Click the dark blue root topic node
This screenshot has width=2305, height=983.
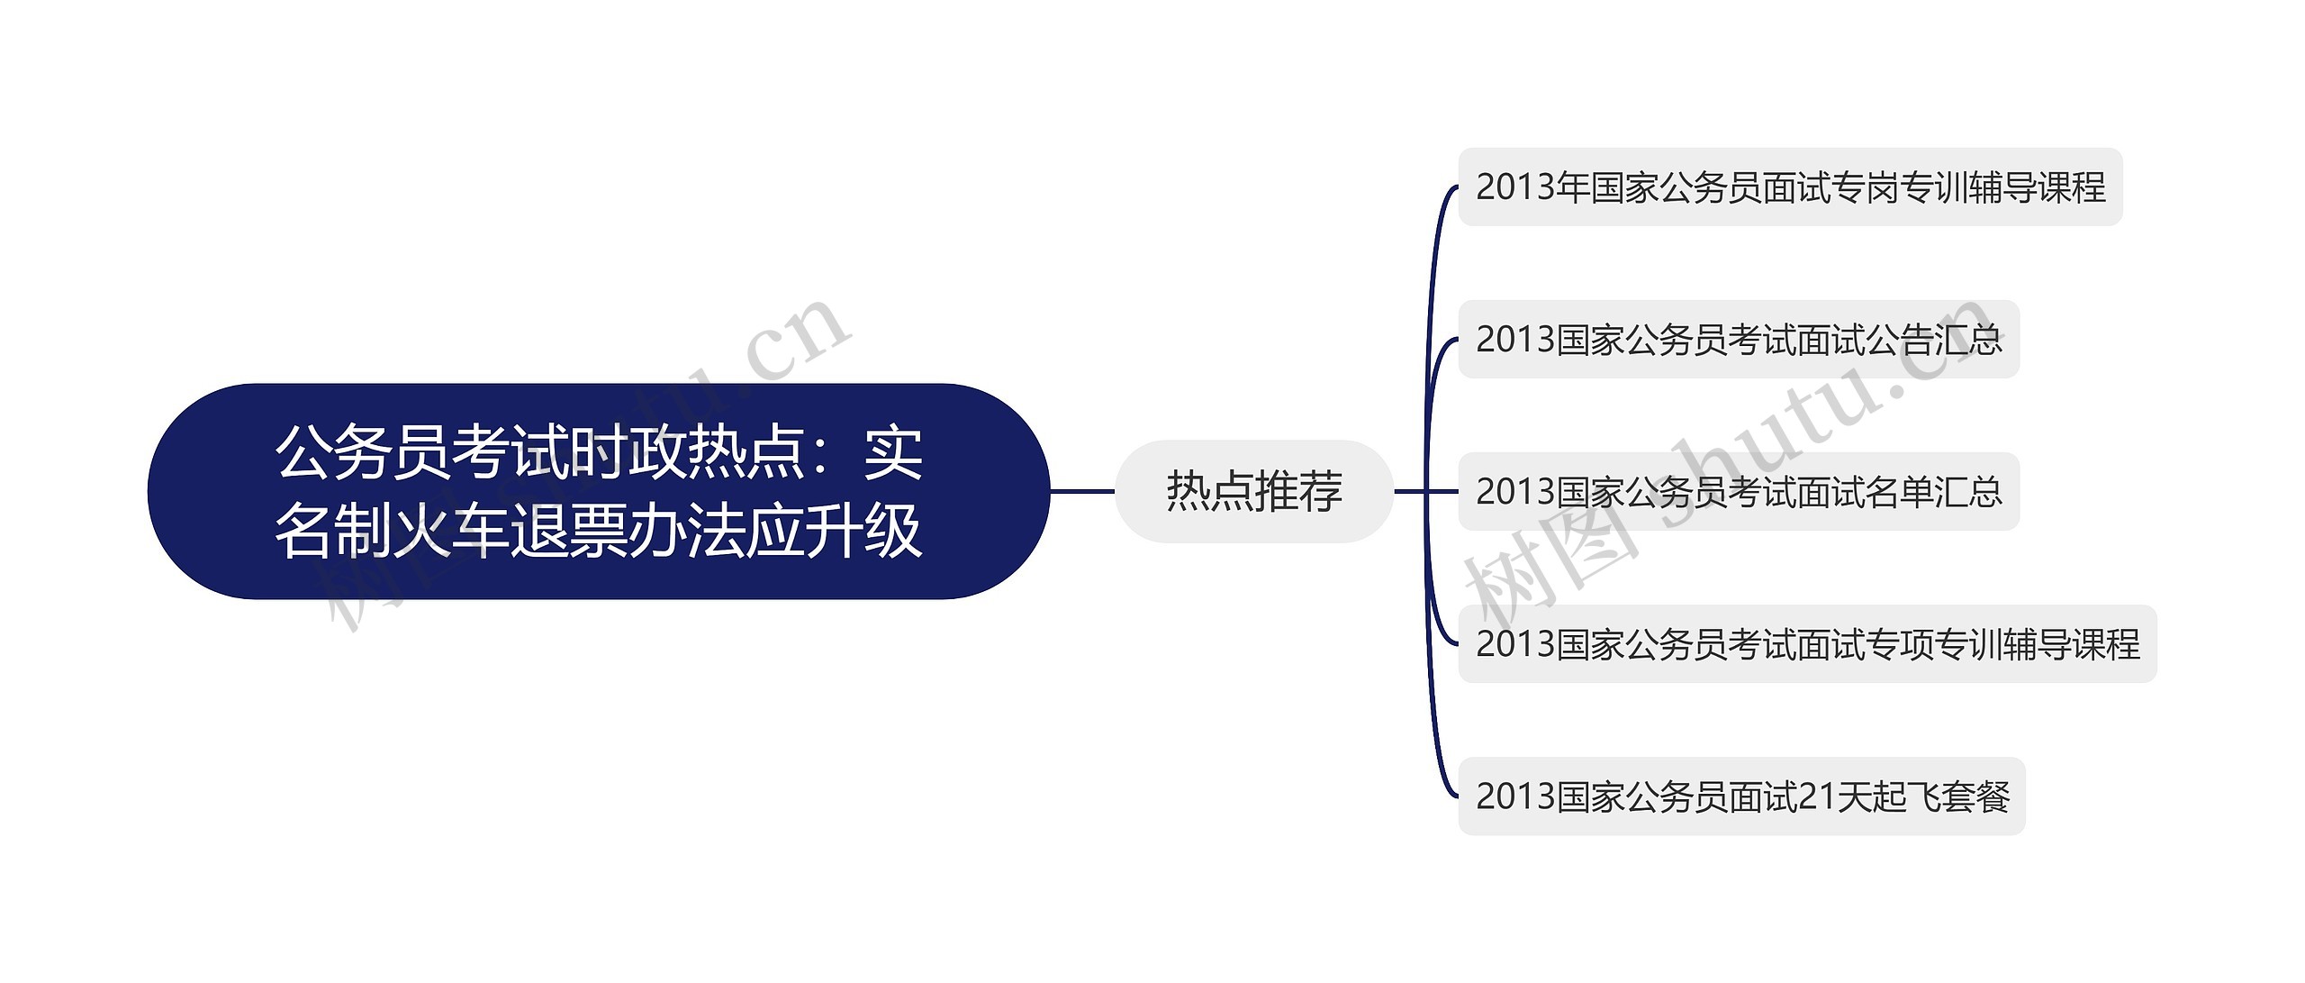[x=599, y=491]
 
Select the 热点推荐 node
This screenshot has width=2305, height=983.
[x=1253, y=491]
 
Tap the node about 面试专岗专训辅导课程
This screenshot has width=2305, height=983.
[x=1789, y=187]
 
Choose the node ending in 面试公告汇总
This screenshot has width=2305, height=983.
[x=1738, y=340]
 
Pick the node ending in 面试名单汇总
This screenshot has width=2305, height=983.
[x=1738, y=492]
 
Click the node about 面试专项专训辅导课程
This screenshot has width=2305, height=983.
[x=1806, y=644]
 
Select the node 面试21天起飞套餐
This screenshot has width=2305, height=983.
[x=1740, y=796]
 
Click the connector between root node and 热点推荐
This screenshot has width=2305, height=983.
[x=1082, y=491]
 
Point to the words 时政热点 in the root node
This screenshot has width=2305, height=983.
[x=687, y=452]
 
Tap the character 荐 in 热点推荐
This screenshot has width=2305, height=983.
[x=1320, y=491]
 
